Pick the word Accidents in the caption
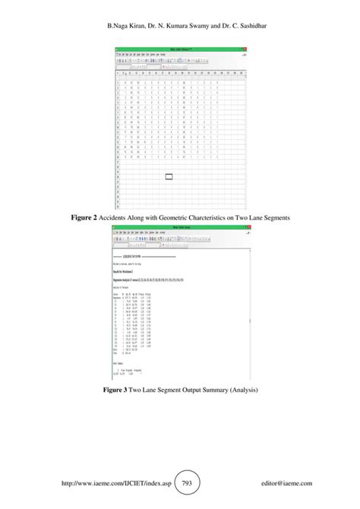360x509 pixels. click(118, 218)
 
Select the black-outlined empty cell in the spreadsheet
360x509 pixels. click(169, 176)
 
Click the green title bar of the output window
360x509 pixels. click(179, 227)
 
